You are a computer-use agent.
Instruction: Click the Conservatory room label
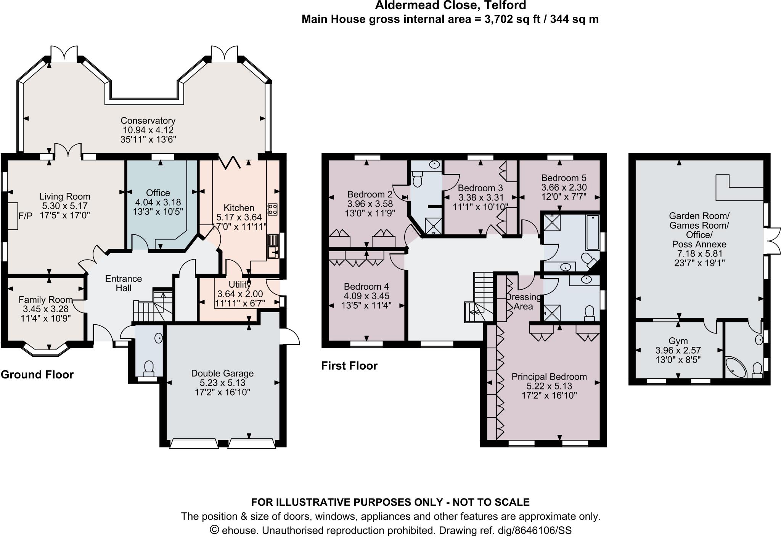148,121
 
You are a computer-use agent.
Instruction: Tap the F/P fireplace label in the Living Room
26,216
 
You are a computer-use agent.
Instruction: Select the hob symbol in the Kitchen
272,208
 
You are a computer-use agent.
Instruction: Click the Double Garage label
222,373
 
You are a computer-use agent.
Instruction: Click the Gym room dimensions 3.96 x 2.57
678,350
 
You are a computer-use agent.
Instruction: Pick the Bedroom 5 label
564,178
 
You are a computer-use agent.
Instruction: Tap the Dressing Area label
523,301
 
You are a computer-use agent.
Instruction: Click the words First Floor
349,366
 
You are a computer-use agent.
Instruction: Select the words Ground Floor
37,375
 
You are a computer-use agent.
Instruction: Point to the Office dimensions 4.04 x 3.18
158,202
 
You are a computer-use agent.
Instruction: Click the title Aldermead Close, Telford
450,5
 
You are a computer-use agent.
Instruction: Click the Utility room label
239,284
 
